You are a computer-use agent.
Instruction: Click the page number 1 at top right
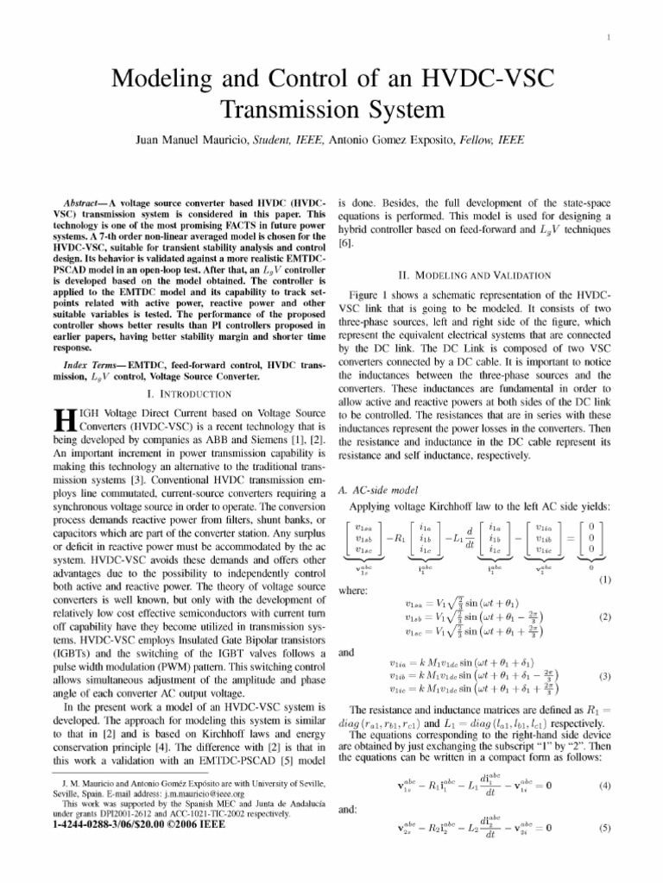click(x=609, y=36)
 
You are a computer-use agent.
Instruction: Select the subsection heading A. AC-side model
click(x=376, y=491)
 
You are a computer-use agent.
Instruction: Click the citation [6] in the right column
click(x=345, y=245)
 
